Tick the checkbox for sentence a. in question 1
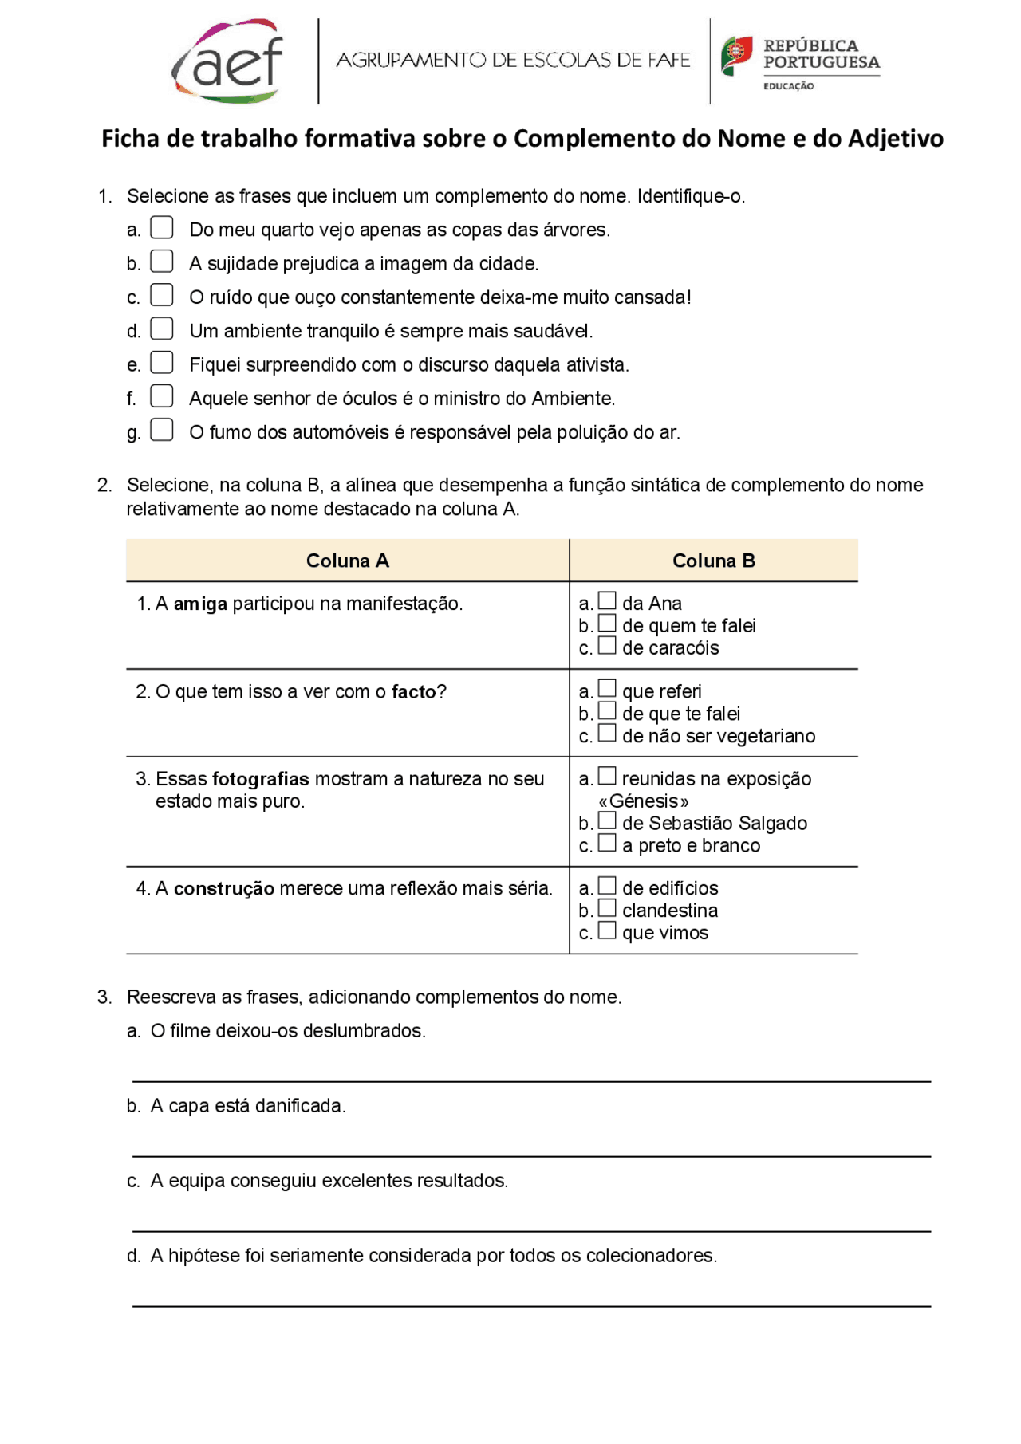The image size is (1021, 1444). (162, 228)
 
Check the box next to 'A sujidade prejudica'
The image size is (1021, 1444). (162, 262)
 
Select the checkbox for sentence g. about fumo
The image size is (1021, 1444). (162, 431)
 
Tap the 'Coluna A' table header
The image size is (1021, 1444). (347, 561)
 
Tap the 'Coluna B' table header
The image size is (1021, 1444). (713, 561)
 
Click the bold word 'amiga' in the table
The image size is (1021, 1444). (200, 604)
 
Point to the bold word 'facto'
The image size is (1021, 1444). (413, 692)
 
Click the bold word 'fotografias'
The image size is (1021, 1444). (261, 779)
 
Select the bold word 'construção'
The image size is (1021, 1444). (224, 889)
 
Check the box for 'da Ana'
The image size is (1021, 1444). (608, 601)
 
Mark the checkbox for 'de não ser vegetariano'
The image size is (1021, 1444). (608, 734)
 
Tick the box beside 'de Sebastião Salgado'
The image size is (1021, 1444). (608, 821)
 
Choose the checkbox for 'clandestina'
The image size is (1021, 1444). (608, 909)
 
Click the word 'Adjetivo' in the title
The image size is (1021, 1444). (895, 139)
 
